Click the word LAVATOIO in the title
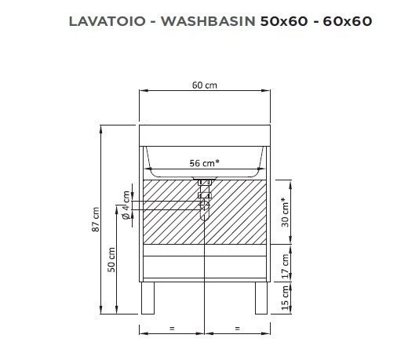[107, 21]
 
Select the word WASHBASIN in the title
[208, 21]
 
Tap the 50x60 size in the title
[284, 21]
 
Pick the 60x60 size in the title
[348, 21]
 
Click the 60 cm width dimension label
[205, 85]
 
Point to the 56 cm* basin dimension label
[204, 163]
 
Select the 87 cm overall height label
[96, 219]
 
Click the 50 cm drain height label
[111, 260]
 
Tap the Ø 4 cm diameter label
[126, 205]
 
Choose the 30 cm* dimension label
[285, 213]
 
